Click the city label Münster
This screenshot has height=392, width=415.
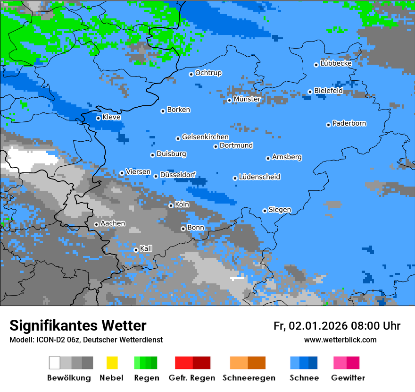point(247,99)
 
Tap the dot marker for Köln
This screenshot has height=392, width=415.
point(171,205)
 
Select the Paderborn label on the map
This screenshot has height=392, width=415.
point(349,124)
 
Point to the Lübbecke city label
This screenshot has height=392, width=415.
point(336,63)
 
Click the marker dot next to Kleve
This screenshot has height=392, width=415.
point(98,118)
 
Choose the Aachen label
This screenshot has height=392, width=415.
point(113,223)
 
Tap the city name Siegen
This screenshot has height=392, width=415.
point(280,210)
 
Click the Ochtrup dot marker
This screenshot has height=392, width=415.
point(191,74)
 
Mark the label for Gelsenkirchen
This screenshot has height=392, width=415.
point(205,137)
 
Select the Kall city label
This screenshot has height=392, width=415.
point(146,248)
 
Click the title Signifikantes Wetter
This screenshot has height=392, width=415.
point(78,325)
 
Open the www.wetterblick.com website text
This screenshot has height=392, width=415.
point(340,340)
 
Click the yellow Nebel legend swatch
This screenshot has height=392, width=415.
point(112,363)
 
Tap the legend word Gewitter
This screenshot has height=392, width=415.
point(348,378)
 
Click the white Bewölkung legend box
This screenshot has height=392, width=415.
point(55,363)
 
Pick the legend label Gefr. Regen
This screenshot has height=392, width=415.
point(192,378)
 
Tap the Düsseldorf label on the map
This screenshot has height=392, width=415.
point(178,175)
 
